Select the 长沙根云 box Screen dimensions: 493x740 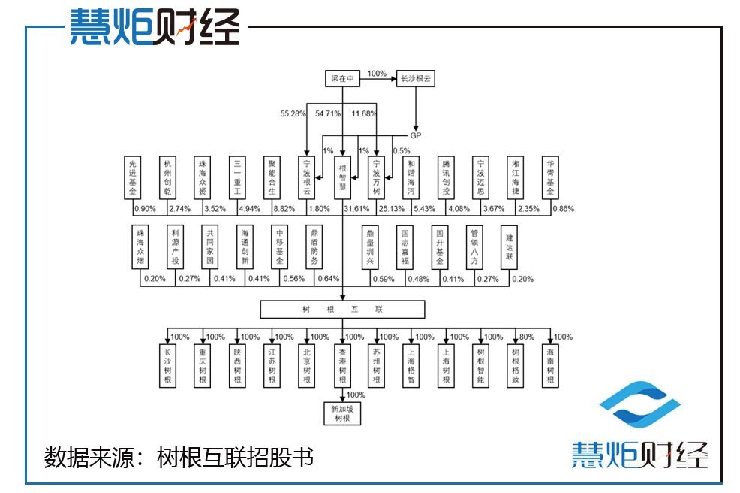[415, 78]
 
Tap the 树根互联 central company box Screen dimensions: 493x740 [342, 309]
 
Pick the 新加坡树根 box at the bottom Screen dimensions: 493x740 [342, 413]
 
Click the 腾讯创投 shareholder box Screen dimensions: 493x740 [447, 178]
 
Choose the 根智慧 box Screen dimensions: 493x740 [342, 178]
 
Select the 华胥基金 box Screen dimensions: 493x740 [551, 178]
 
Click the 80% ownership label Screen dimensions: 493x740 [528, 337]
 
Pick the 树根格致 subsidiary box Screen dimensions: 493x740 [516, 366]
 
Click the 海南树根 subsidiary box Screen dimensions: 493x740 [551, 366]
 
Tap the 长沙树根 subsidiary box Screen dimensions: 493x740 [167, 366]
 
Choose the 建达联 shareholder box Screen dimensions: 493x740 [509, 247]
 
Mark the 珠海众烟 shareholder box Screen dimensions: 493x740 [140, 247]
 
